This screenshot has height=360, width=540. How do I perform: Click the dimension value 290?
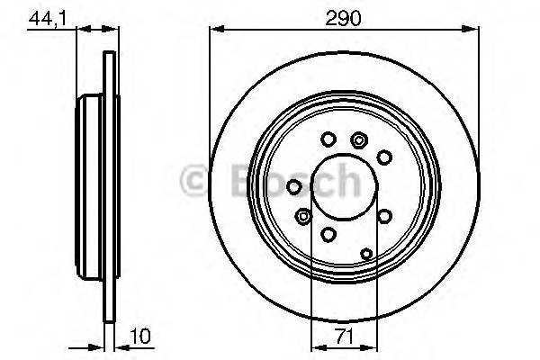coord(344,18)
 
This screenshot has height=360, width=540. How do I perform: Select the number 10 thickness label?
coord(140,336)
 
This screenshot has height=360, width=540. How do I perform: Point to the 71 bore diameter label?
coord(345,336)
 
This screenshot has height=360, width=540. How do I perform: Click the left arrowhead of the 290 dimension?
coord(217,30)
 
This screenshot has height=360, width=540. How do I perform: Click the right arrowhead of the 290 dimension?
coord(471,30)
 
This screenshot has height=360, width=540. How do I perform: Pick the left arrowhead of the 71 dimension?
coord(319,347)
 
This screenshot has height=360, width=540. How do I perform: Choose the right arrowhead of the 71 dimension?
coord(370,347)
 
